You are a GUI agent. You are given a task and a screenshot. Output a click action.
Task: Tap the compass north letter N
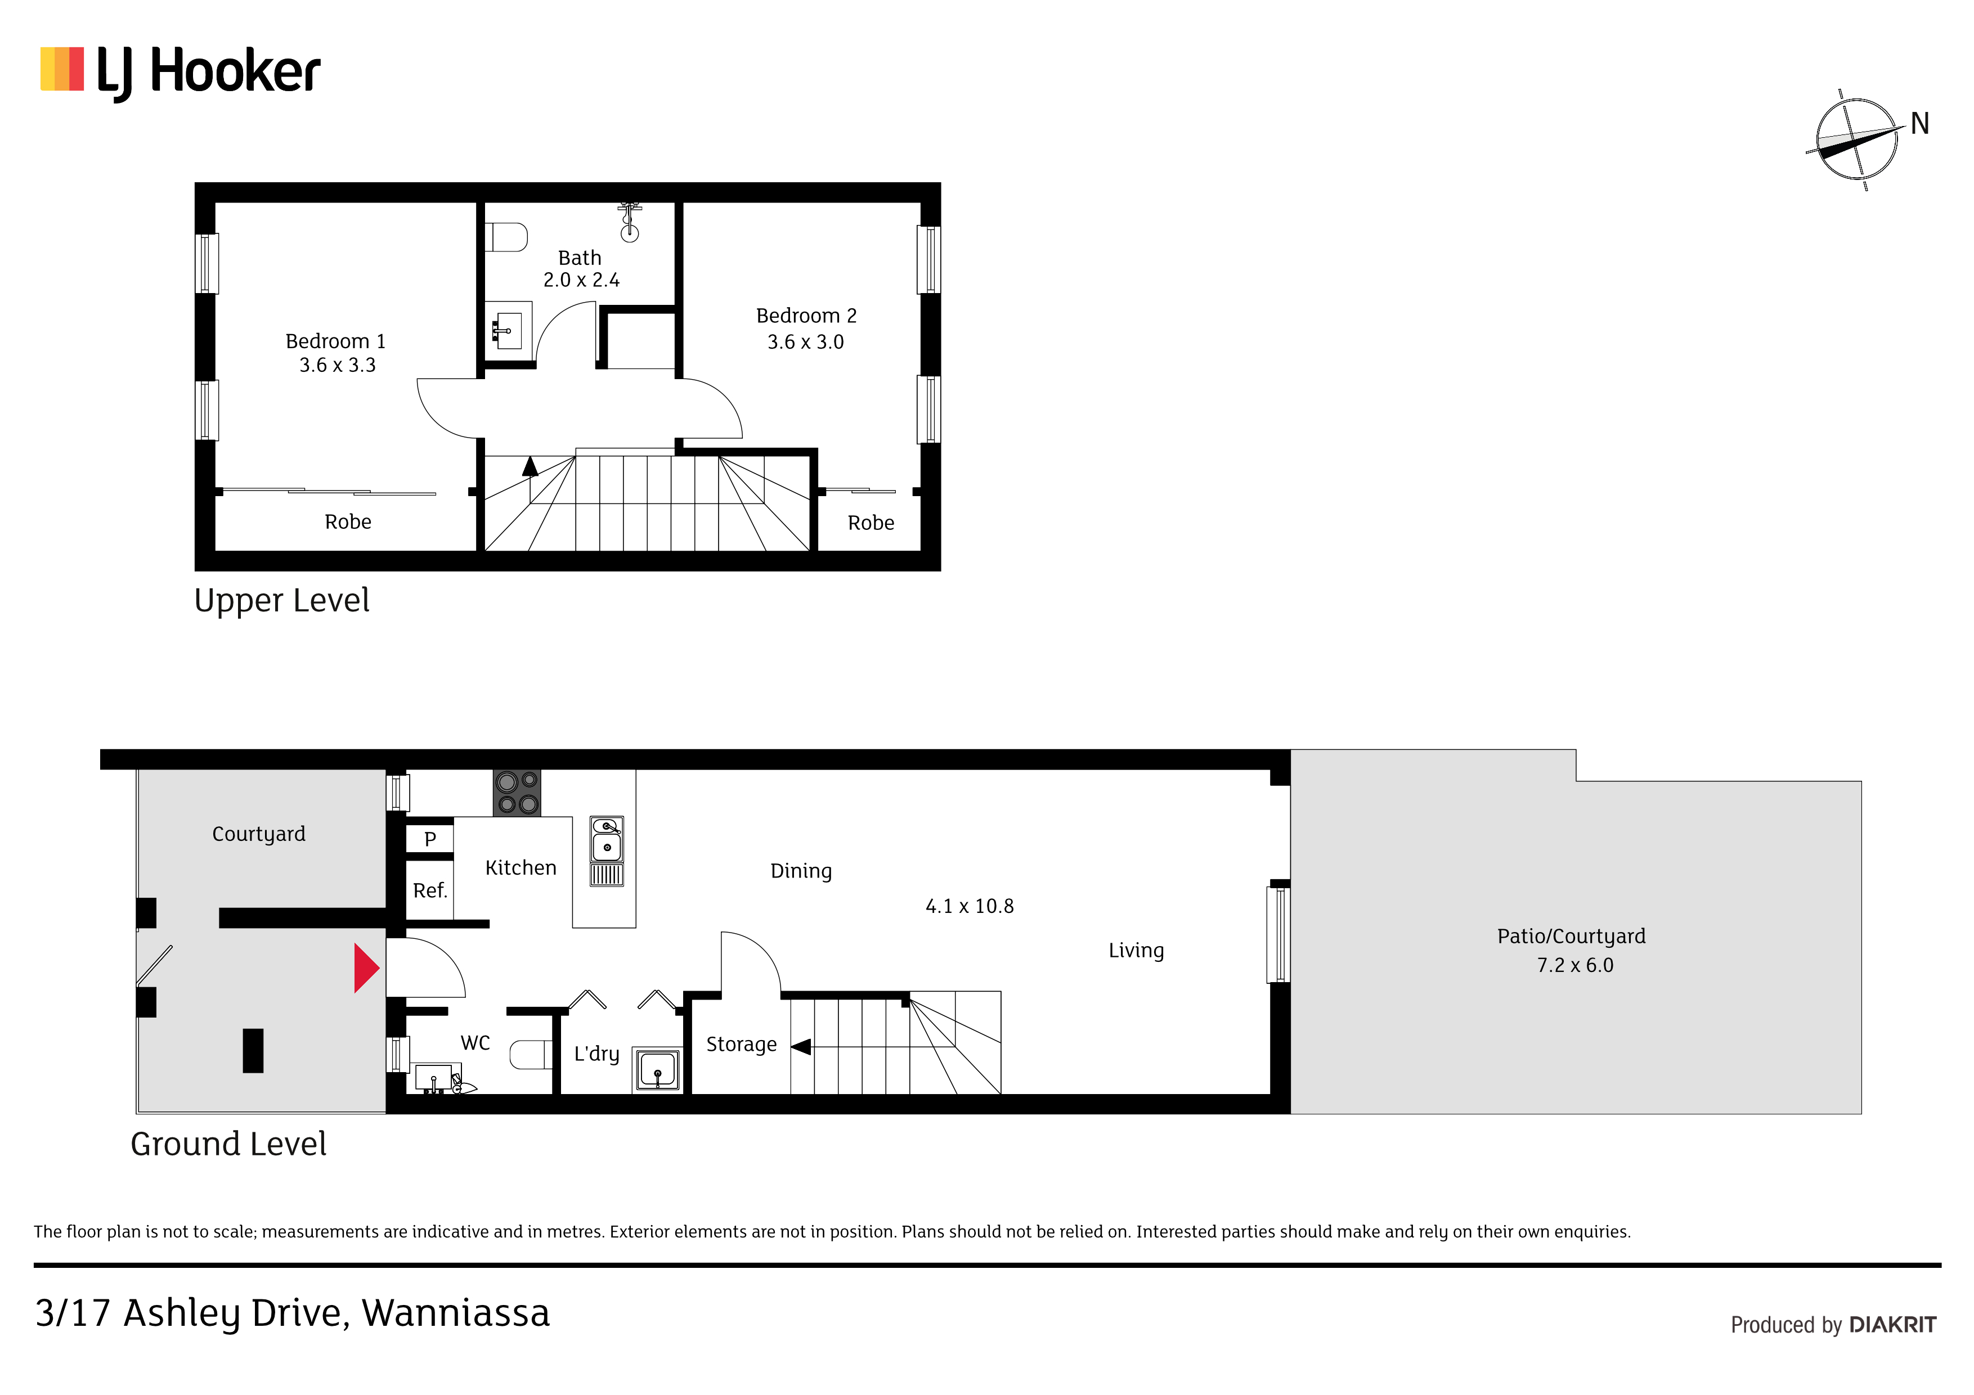1920,124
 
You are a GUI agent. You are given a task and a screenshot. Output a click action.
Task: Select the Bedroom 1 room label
335,341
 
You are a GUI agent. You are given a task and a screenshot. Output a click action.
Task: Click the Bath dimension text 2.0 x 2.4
581,280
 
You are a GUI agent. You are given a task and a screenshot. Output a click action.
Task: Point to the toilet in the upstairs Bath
506,237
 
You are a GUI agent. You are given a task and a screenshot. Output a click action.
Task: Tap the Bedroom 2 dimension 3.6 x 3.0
806,342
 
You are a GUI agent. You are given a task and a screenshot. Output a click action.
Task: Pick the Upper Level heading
282,601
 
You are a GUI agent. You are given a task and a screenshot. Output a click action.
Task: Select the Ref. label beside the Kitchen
430,890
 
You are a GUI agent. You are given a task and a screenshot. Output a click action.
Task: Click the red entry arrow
367,969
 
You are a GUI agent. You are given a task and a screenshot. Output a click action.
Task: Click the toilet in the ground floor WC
531,1055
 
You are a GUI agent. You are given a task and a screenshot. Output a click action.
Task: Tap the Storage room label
741,1045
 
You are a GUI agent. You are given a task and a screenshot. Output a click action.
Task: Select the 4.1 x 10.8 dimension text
970,906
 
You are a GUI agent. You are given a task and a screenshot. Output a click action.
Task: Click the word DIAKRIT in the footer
1892,1325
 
